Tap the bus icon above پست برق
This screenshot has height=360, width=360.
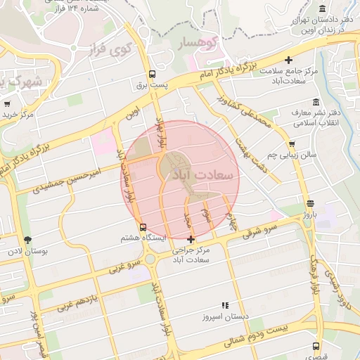(x=151, y=74)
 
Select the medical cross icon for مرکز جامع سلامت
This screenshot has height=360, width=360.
(x=289, y=60)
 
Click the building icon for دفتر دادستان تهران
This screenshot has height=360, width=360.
(x=322, y=8)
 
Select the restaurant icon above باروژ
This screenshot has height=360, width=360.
(x=310, y=204)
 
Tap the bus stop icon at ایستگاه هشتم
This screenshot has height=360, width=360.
(x=143, y=227)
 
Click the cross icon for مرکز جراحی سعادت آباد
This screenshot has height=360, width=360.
(x=191, y=240)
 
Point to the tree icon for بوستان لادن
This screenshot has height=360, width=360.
(x=27, y=240)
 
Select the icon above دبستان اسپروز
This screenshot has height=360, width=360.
(x=225, y=305)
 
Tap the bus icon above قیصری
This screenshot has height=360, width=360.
(x=316, y=346)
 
